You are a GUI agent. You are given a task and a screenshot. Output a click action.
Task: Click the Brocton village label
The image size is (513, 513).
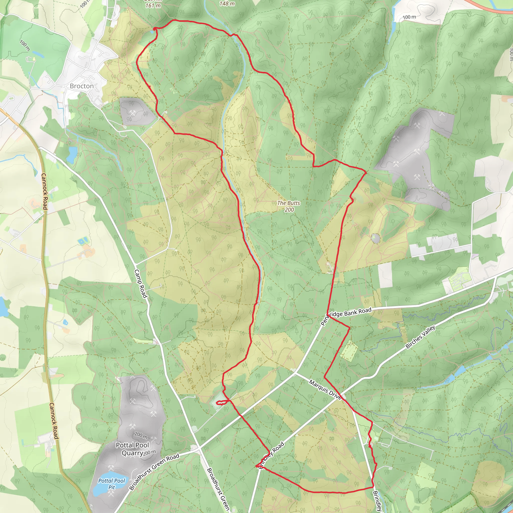81,86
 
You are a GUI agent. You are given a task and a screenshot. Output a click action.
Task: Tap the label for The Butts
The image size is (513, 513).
289,203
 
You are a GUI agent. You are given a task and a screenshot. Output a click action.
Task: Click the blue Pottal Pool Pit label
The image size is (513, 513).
111,484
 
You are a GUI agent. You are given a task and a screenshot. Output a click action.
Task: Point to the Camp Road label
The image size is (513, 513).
141,284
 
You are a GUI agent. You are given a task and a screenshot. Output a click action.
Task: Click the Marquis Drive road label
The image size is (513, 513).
325,390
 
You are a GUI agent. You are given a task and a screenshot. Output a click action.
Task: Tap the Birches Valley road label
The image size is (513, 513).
420,337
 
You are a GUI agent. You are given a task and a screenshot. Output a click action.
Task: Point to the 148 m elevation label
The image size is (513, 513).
227,4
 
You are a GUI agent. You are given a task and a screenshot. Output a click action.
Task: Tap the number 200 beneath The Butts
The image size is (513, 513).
289,210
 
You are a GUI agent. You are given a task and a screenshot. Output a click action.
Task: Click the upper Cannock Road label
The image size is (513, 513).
44,191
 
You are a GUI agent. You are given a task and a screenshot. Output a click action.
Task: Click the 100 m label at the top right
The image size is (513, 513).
409,17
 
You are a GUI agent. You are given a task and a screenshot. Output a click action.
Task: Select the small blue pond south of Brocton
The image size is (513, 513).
71,154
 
